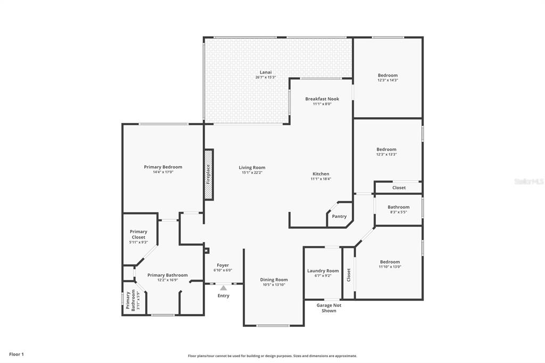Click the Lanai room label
(266, 72)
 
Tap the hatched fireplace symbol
(208, 174)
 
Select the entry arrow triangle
(224, 288)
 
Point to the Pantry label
(339, 216)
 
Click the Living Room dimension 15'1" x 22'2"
(252, 172)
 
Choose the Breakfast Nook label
(322, 99)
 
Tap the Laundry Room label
(323, 271)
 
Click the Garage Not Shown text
(329, 308)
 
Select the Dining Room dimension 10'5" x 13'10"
(274, 285)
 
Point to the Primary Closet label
(138, 234)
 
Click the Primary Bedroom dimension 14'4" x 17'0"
(163, 172)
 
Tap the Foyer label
(223, 265)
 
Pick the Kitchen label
(321, 174)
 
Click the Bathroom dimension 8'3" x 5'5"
(398, 212)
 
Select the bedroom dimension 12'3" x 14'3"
(387, 80)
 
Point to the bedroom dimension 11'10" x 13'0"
(390, 267)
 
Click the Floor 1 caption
(16, 354)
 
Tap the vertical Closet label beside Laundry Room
(349, 275)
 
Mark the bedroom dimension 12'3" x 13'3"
(386, 154)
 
